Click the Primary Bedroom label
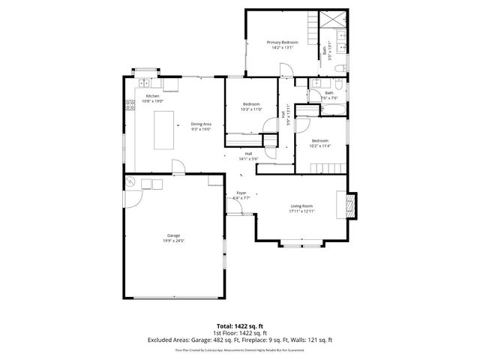283,43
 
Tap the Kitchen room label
152,97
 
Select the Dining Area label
200,124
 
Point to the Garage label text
173,235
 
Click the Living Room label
301,206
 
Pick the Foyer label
241,193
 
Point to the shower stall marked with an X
331,20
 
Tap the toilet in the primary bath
341,68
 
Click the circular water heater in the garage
130,181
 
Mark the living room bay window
301,242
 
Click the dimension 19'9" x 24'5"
173,241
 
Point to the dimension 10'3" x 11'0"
250,109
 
